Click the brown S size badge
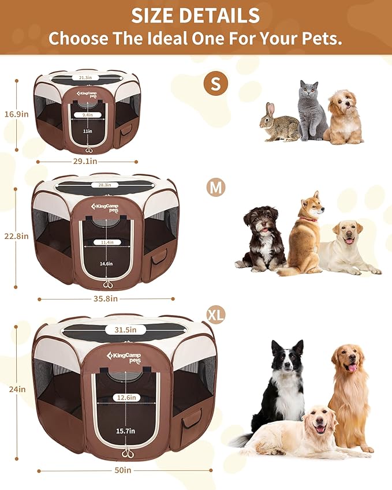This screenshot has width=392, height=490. pyautogui.click(x=215, y=84)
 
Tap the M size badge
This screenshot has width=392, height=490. pyautogui.click(x=216, y=188)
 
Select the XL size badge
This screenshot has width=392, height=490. pyautogui.click(x=216, y=315)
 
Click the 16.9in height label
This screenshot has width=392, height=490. pyautogui.click(x=16, y=114)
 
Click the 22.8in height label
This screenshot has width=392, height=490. pyautogui.click(x=16, y=236)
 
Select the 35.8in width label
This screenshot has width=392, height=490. pyautogui.click(x=106, y=298)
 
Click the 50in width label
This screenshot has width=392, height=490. pyautogui.click(x=123, y=470)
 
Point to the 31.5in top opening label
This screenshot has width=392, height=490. pyautogui.click(x=125, y=330)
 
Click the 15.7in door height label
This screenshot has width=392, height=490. pyautogui.click(x=125, y=431)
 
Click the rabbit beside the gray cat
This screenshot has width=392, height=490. pyautogui.click(x=279, y=123)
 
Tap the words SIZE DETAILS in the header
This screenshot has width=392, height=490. pyautogui.click(x=195, y=16)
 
